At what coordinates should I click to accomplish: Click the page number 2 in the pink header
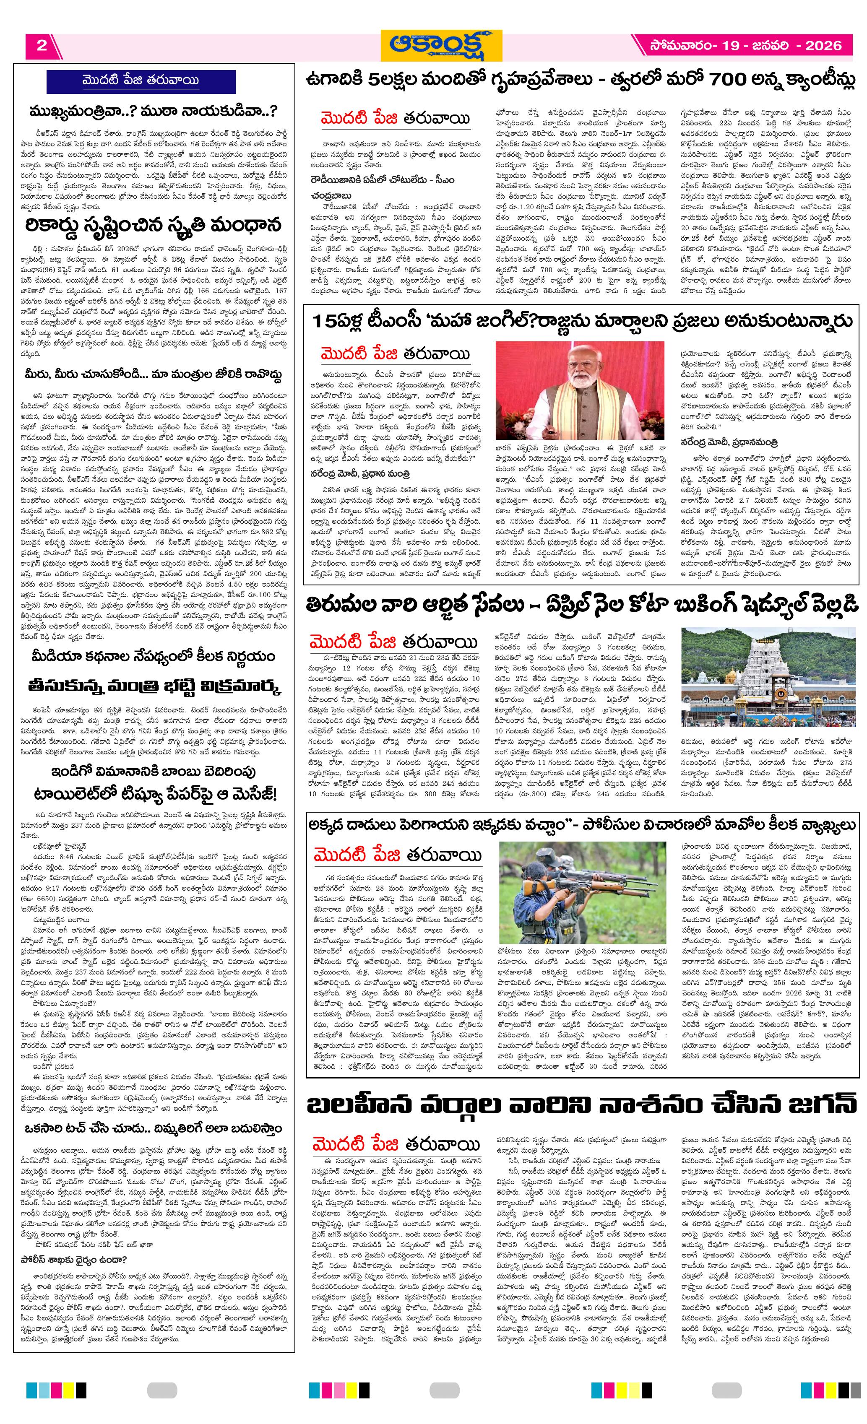pos(41,46)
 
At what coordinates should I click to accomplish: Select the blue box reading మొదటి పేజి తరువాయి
pos(141,81)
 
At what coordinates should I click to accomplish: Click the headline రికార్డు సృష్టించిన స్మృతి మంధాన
pos(153,225)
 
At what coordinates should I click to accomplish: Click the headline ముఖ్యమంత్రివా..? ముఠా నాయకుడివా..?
pos(153,111)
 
